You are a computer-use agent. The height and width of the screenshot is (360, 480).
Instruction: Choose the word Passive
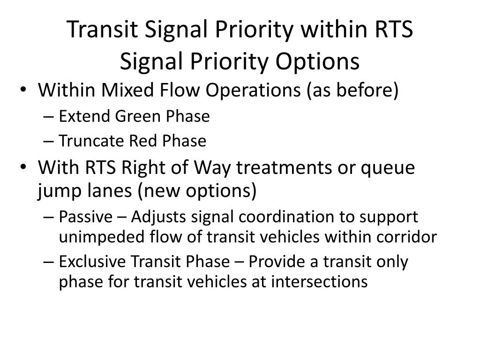point(86,217)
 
